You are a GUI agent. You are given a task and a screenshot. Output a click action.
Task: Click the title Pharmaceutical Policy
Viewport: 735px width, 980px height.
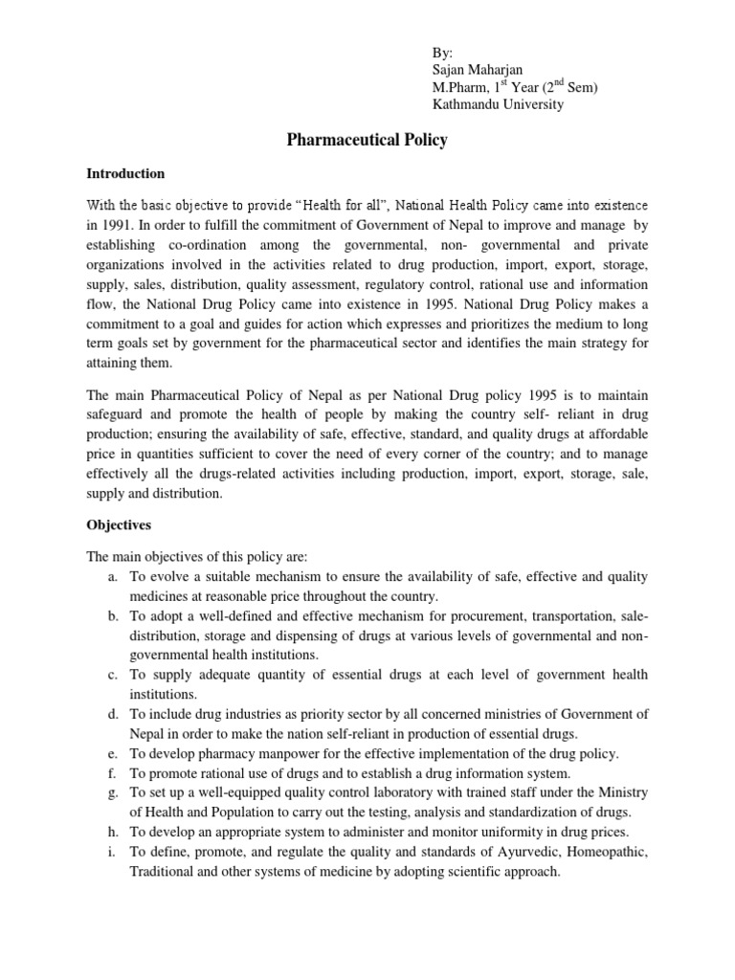pyautogui.click(x=367, y=141)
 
